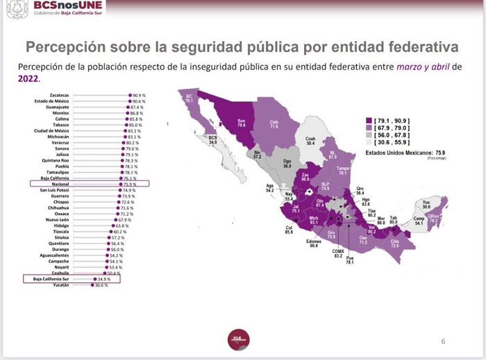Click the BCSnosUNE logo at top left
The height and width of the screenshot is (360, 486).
point(56,10)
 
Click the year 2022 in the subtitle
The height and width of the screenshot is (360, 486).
point(28,79)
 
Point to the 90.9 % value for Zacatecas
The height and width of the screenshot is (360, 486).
point(138,94)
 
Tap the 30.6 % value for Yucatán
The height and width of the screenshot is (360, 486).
point(102,285)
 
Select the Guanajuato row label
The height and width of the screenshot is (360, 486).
point(57,108)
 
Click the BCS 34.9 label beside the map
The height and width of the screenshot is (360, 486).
point(212,139)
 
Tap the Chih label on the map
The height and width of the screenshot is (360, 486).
point(274,124)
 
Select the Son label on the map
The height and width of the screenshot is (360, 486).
point(242,123)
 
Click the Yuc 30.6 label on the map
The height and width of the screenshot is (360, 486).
point(426,205)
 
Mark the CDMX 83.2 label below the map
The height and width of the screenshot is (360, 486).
point(338,253)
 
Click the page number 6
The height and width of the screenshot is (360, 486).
point(443,341)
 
